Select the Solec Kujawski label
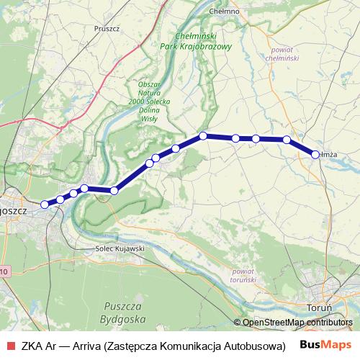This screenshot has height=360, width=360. pyautogui.click(x=120, y=248)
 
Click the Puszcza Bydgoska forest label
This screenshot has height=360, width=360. pyautogui.click(x=125, y=312)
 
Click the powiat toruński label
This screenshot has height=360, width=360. pyautogui.click(x=243, y=275)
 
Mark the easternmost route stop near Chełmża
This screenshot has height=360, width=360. pyautogui.click(x=315, y=154)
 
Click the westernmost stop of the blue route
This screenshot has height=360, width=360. pyautogui.click(x=45, y=204)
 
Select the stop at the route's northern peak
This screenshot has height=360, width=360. pyautogui.click(x=204, y=135)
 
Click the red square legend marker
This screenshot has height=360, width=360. pyautogui.click(x=9, y=345)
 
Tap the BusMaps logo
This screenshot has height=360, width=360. pyautogui.click(x=326, y=344)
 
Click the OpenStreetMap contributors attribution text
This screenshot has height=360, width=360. pyautogui.click(x=297, y=323)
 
